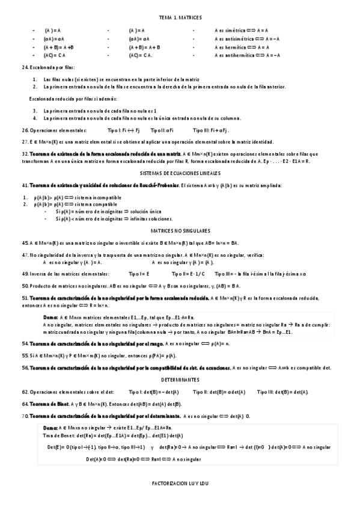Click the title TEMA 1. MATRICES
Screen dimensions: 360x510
tap(180, 19)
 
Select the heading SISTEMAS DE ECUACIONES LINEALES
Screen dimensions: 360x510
tap(180, 173)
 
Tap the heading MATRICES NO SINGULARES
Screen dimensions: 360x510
tap(180, 230)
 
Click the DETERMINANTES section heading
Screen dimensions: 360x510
tap(180, 380)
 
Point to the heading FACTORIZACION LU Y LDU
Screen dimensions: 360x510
tap(180, 482)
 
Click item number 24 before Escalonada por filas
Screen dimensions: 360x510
tap(24, 67)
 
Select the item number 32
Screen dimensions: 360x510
tap(24, 154)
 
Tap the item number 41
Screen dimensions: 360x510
tap(24, 185)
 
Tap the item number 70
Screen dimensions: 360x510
tap(24, 416)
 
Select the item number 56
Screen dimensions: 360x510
tap(24, 367)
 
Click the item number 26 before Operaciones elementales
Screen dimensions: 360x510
tap(24, 130)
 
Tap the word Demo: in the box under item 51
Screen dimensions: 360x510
tap(50, 316)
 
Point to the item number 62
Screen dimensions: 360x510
tap(24, 392)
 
